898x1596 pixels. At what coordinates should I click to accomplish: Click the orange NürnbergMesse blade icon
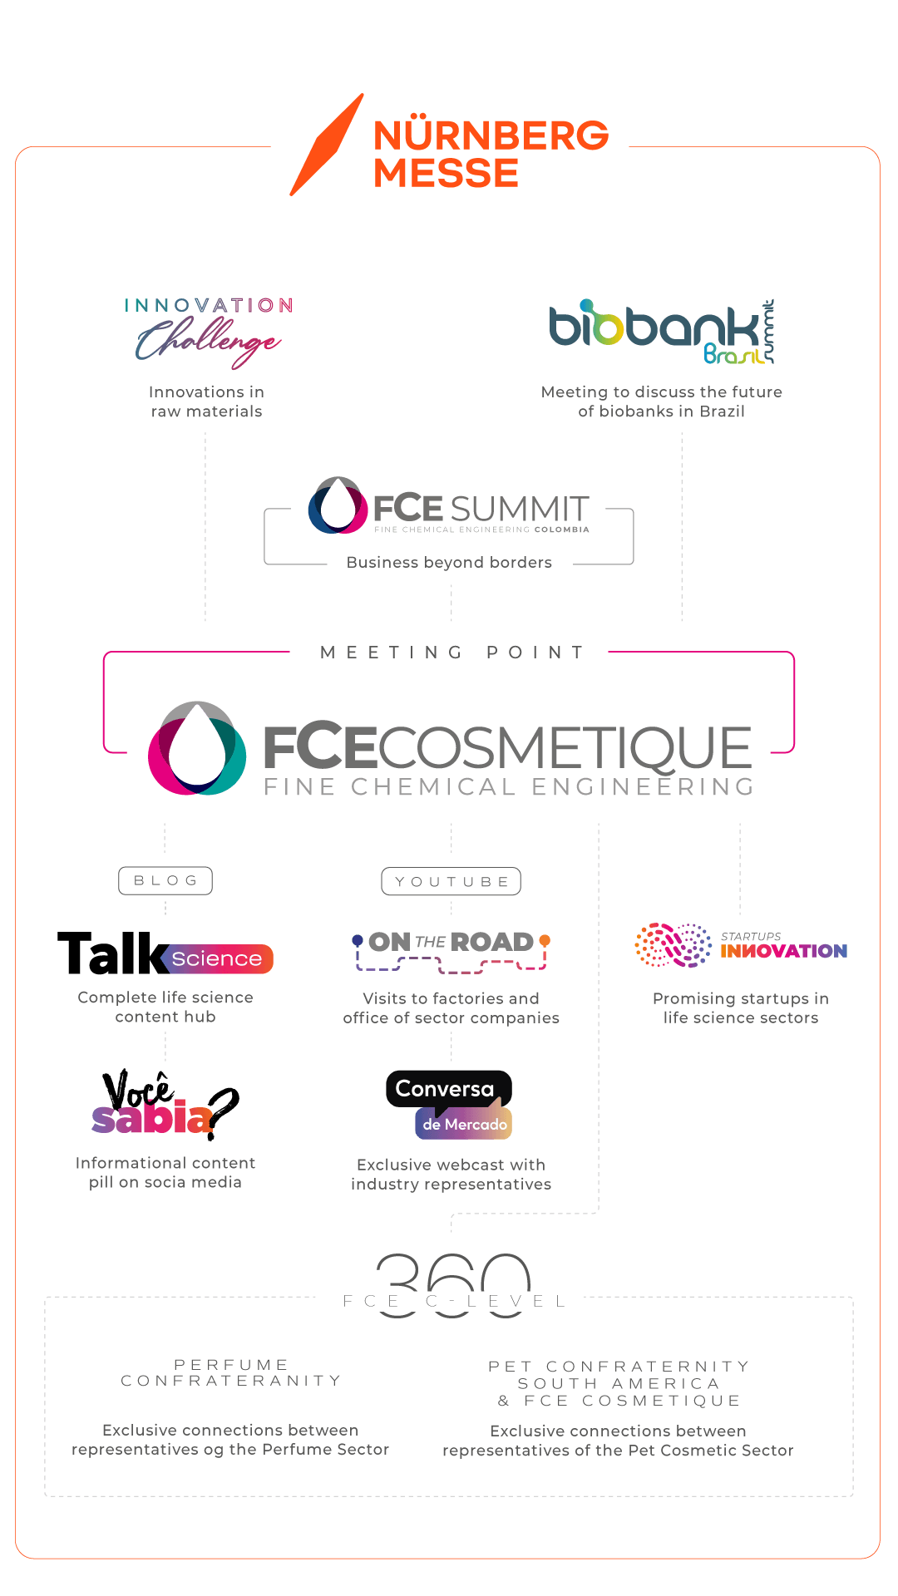pyautogui.click(x=327, y=146)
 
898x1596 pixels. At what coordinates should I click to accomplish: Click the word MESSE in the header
pyautogui.click(x=447, y=173)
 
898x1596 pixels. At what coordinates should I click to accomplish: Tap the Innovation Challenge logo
pyautogui.click(x=209, y=332)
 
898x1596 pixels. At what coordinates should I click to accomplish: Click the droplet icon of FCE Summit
pyautogui.click(x=338, y=505)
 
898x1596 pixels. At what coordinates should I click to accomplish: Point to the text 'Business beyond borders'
pyautogui.click(x=449, y=563)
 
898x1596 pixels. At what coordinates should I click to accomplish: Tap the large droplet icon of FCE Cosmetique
pyautogui.click(x=197, y=748)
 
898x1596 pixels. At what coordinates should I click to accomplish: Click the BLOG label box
pyautogui.click(x=165, y=880)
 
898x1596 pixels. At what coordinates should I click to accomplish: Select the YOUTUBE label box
pyautogui.click(x=451, y=881)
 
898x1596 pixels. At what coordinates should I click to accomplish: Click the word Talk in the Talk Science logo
pyautogui.click(x=113, y=953)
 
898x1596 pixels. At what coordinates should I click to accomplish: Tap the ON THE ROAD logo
pyautogui.click(x=451, y=949)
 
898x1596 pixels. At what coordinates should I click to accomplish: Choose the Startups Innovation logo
pyautogui.click(x=740, y=946)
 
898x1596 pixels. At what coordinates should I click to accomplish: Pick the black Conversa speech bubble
pyautogui.click(x=447, y=1089)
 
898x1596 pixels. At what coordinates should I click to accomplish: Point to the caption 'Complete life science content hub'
pyautogui.click(x=165, y=1007)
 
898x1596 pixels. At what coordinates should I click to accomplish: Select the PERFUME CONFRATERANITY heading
pyautogui.click(x=230, y=1372)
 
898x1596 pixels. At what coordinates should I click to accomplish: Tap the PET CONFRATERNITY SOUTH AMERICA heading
pyautogui.click(x=619, y=1383)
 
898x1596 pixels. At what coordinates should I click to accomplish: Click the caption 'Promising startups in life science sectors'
pyautogui.click(x=740, y=1008)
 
